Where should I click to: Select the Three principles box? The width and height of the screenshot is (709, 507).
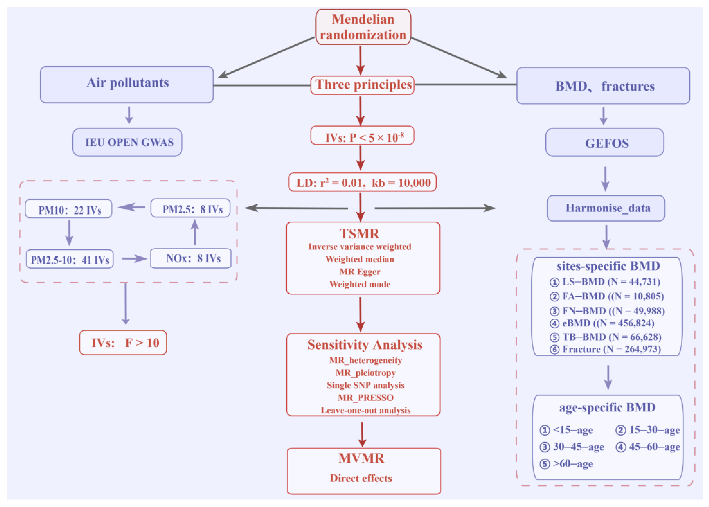pos(363,85)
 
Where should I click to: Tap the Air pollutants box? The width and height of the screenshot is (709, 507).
pos(127,85)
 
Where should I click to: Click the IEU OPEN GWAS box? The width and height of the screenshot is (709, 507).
pos(127,142)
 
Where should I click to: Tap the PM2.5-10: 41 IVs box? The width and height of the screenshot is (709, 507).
pos(70,259)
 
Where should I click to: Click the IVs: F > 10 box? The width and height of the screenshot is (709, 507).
pos(123,342)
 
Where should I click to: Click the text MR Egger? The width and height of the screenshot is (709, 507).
pos(360,272)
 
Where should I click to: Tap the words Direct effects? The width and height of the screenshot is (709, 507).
pos(361,478)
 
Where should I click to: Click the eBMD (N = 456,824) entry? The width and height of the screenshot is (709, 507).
pos(602,323)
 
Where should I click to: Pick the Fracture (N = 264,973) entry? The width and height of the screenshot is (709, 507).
pos(605,349)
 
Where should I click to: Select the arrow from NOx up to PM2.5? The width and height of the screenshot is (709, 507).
pos(195,232)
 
